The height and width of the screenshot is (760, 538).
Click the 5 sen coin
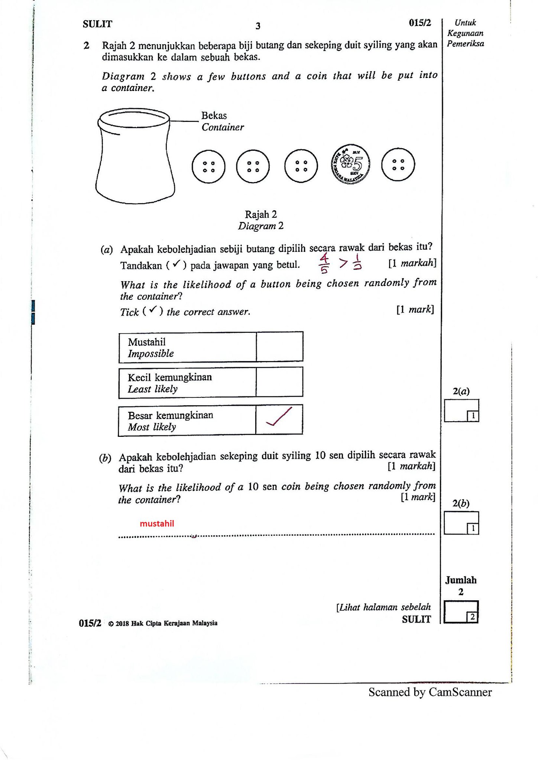(350, 163)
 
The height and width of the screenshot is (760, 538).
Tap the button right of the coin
(398, 165)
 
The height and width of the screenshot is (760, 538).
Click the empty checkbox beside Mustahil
(279, 347)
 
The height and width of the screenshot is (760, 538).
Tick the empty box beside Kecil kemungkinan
(279, 382)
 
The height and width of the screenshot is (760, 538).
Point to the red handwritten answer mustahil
(157, 524)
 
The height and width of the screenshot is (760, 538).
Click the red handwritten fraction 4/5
(324, 263)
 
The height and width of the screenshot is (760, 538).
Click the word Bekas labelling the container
(214, 116)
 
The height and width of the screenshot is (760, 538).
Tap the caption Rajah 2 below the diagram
(261, 214)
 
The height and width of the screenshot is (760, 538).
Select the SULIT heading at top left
(97, 24)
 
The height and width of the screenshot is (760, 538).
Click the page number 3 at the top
(258, 26)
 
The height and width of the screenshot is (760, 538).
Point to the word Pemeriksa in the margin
(465, 44)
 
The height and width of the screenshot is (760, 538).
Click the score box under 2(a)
(461, 410)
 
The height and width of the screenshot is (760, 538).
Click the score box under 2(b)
(461, 523)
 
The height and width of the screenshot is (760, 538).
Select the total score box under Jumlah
(461, 612)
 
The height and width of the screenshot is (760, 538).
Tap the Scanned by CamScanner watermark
(430, 692)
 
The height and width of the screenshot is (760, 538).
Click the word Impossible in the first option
(151, 354)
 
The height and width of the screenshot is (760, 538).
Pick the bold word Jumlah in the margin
(461, 580)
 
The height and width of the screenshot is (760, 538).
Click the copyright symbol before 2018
(111, 624)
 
